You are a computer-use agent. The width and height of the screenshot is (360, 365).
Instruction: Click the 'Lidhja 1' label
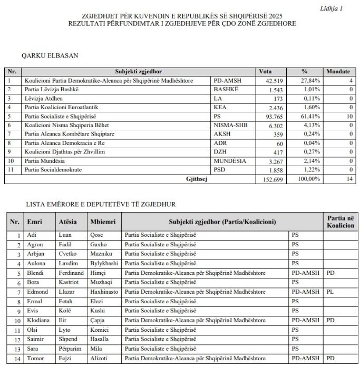(x=331, y=8)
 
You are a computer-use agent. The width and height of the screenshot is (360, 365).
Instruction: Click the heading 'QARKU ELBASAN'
(x=50, y=55)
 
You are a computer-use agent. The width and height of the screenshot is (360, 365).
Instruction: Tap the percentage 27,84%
(x=311, y=81)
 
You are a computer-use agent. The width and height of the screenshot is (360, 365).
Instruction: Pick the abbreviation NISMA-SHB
(x=230, y=125)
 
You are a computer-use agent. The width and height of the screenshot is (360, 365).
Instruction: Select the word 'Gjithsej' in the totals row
(x=197, y=179)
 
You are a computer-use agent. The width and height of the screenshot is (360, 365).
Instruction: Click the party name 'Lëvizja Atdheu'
(x=44, y=98)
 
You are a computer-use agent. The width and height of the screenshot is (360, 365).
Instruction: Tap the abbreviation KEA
(x=220, y=107)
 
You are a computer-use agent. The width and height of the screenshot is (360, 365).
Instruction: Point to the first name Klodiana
(x=39, y=321)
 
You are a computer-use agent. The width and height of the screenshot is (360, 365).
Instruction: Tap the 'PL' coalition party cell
(x=331, y=292)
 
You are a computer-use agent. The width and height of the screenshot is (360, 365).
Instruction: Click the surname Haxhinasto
(x=104, y=292)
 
